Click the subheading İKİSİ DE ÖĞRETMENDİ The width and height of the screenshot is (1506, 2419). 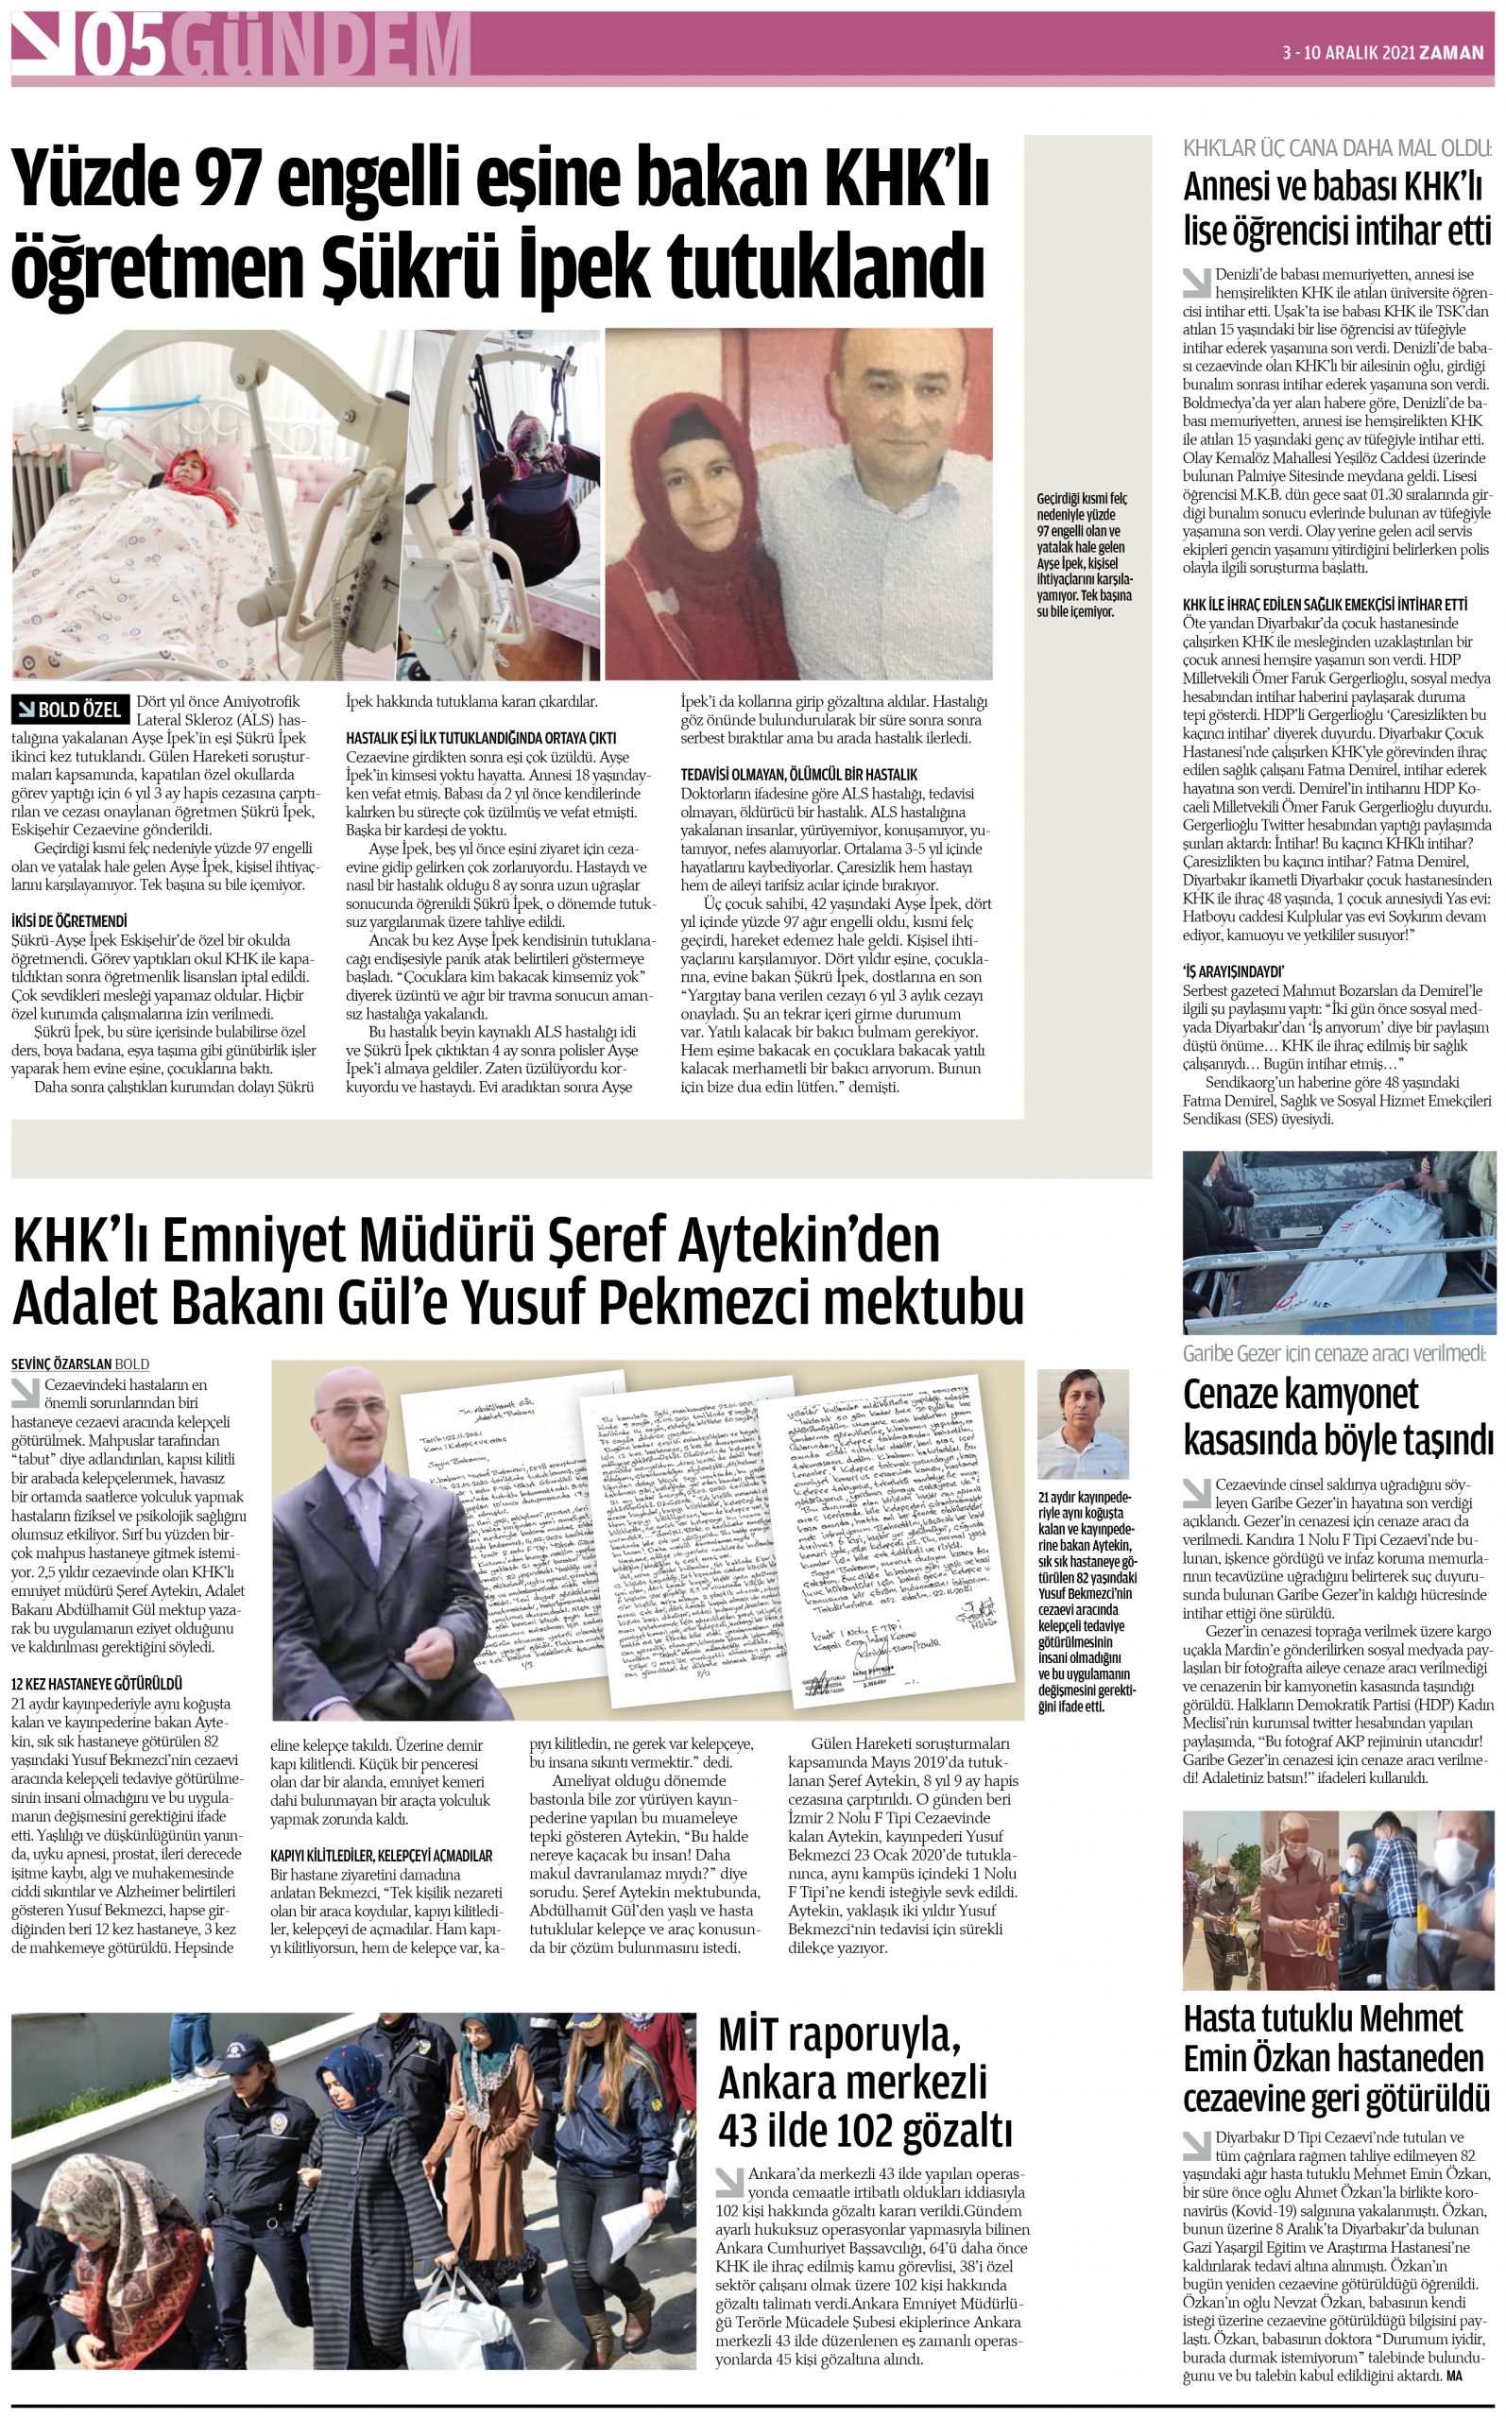(70, 921)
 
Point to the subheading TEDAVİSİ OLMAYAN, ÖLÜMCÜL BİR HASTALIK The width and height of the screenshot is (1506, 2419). (798, 774)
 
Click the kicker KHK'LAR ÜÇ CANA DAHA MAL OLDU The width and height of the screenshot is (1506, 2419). (1337, 149)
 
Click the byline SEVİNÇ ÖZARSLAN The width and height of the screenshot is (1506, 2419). (60, 1364)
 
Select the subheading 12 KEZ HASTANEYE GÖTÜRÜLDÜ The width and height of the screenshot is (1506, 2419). (96, 1683)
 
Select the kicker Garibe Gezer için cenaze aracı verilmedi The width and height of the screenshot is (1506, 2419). (1334, 1353)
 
